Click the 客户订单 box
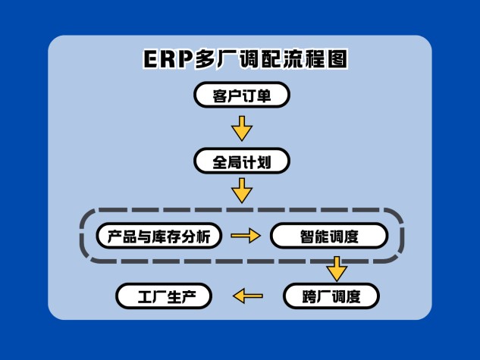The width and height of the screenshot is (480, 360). (241, 95)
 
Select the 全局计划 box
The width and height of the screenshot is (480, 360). (241, 161)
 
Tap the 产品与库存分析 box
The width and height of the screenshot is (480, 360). (159, 236)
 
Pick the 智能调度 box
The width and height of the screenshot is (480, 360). (329, 236)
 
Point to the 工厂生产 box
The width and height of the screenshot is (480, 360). (164, 295)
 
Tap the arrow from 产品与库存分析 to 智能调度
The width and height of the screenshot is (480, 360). (245, 236)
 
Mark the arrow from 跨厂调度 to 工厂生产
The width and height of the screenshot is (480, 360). (247, 295)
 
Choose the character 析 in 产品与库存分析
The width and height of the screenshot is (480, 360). (209, 236)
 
